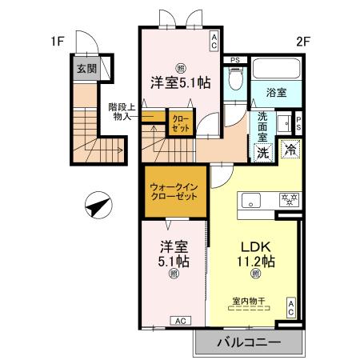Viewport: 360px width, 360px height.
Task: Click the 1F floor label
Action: click(x=56, y=40)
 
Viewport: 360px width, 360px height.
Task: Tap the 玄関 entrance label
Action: click(x=86, y=70)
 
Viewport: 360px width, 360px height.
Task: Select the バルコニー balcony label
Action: click(x=248, y=342)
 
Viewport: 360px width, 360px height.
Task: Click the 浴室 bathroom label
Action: click(x=277, y=90)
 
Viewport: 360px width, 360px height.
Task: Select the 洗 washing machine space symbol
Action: click(x=262, y=151)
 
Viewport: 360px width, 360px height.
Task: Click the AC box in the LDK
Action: click(x=292, y=307)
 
